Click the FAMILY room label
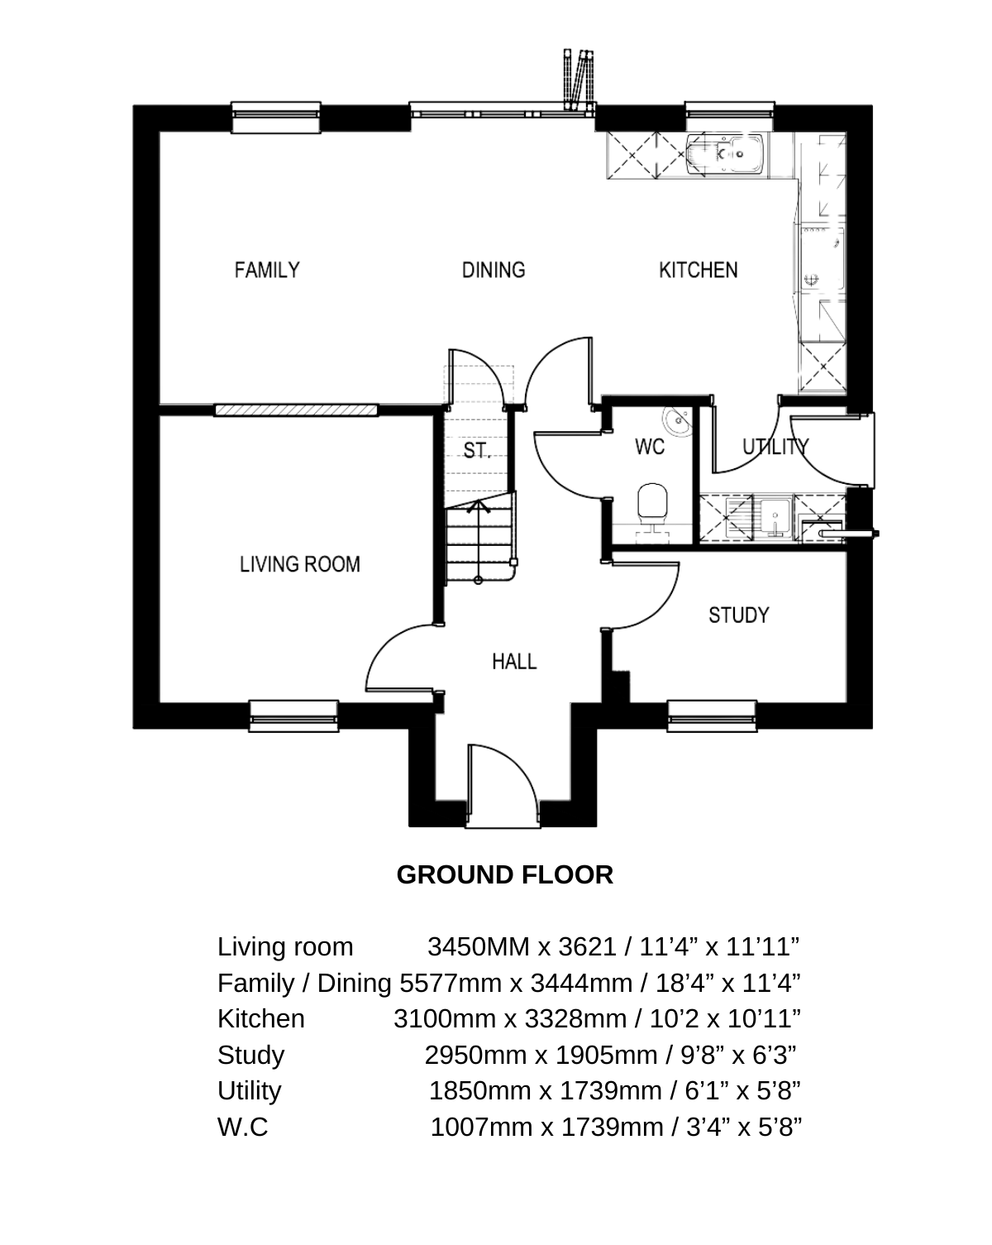(266, 271)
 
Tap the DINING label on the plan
(494, 271)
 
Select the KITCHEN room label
(698, 271)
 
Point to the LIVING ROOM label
(299, 564)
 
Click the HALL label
(514, 661)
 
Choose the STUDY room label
(739, 615)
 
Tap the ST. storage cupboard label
(477, 449)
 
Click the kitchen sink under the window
(726, 154)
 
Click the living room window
(293, 716)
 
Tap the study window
(712, 716)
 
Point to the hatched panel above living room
(296, 410)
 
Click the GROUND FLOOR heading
(504, 874)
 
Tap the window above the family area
(276, 117)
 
